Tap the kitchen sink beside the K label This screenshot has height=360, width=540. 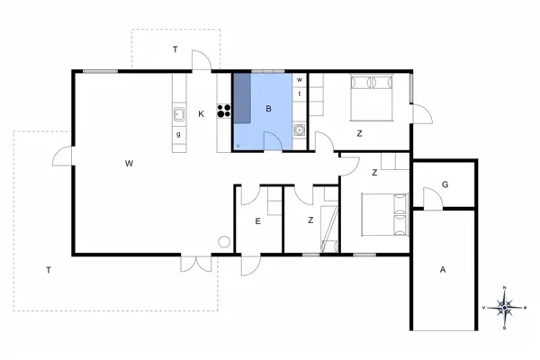point(179,113)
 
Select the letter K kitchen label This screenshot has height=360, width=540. point(202,113)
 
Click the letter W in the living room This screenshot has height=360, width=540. point(130,164)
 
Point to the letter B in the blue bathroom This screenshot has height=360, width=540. point(268,110)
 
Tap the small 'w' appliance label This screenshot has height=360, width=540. point(300,79)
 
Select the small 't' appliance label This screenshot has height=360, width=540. point(300,93)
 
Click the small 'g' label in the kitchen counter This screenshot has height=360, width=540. point(179,134)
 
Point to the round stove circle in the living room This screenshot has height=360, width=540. point(224,241)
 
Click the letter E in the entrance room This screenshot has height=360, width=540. point(257,220)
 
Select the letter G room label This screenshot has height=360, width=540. point(445,184)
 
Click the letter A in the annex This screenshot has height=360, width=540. point(442,269)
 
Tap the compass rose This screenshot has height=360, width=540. point(505,307)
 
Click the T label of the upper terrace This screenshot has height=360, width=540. point(175,50)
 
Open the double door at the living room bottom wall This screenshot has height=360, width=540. point(190,263)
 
